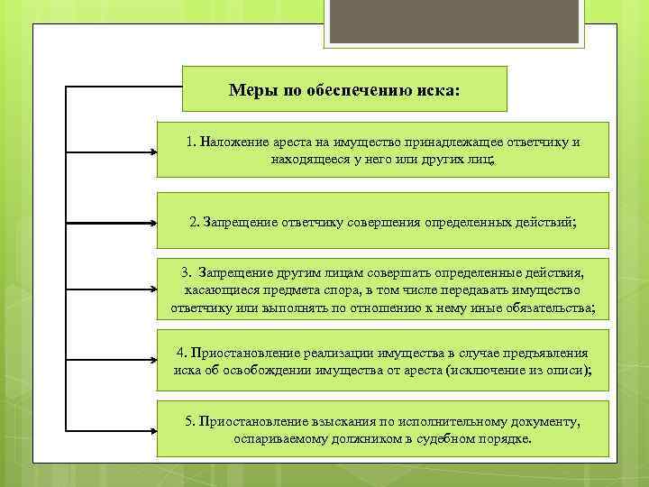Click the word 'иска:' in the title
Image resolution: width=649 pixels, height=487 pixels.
[439, 90]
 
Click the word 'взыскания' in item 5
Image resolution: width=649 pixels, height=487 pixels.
[343, 421]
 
